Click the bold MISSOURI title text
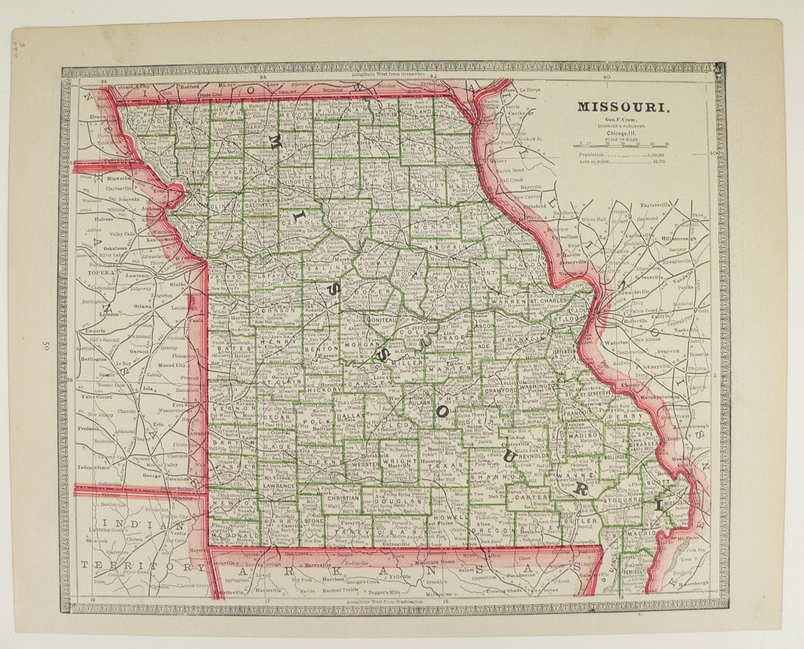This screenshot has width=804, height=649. pos(623,107)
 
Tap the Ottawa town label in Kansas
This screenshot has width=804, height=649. pos(143,306)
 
